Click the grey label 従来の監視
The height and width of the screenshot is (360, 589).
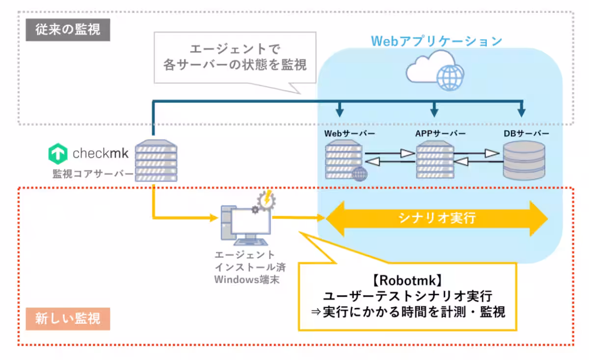68,30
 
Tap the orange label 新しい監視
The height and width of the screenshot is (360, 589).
68,319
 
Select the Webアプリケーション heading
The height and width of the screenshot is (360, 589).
436,41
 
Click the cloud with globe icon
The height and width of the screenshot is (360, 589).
435,71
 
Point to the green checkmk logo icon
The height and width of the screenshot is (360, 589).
58,154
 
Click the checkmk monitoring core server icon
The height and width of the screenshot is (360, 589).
156,160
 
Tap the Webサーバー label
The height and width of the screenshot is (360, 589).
349,133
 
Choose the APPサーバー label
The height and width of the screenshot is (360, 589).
440,133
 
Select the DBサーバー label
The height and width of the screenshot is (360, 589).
526,133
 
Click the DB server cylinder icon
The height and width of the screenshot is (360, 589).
524,160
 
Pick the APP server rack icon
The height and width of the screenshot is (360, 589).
435,160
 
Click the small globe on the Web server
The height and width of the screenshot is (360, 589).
360,174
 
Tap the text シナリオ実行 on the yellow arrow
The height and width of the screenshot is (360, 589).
437,218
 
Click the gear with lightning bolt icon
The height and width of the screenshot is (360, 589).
266,201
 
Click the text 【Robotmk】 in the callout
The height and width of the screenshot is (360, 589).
407,281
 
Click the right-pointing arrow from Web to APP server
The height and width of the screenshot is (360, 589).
390,153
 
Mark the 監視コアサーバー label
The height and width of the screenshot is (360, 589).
93,174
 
